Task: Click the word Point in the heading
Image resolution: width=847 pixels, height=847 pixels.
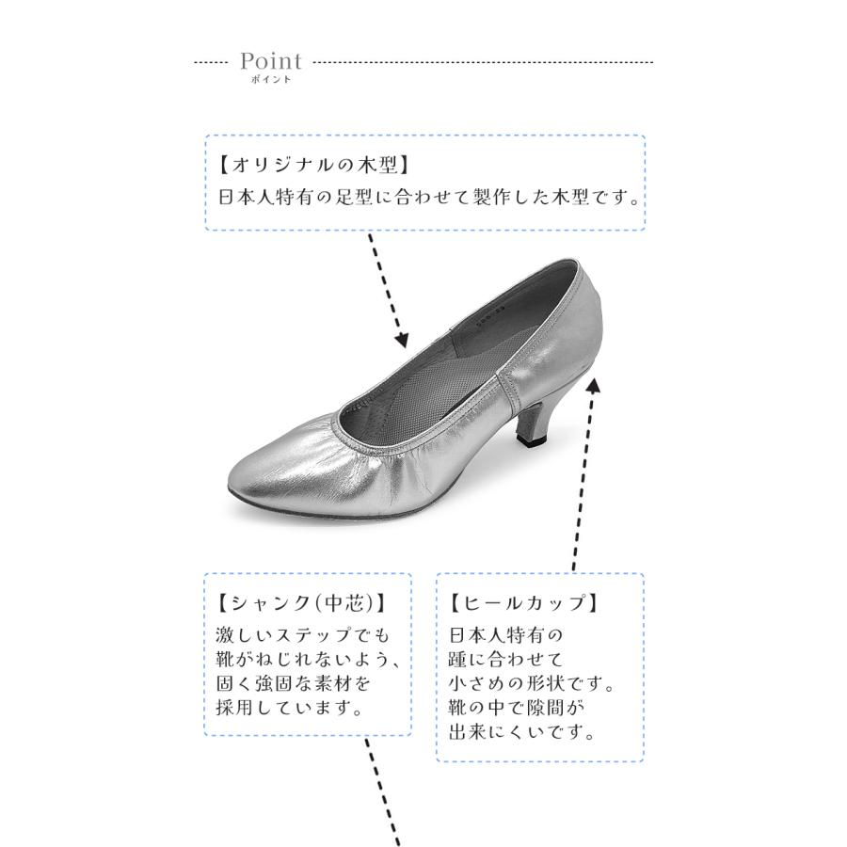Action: click(x=271, y=62)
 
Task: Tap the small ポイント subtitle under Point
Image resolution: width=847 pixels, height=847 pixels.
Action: click(x=271, y=81)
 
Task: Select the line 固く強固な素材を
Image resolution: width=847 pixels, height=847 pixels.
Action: click(x=294, y=682)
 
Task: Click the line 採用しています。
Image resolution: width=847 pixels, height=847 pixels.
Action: click(x=290, y=707)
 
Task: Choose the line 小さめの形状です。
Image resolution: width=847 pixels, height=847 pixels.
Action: click(x=532, y=681)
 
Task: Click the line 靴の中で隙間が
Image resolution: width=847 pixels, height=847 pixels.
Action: click(x=517, y=706)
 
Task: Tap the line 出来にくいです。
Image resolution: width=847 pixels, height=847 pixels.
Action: click(x=522, y=730)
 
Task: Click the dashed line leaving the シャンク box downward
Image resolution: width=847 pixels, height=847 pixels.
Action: click(x=383, y=791)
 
